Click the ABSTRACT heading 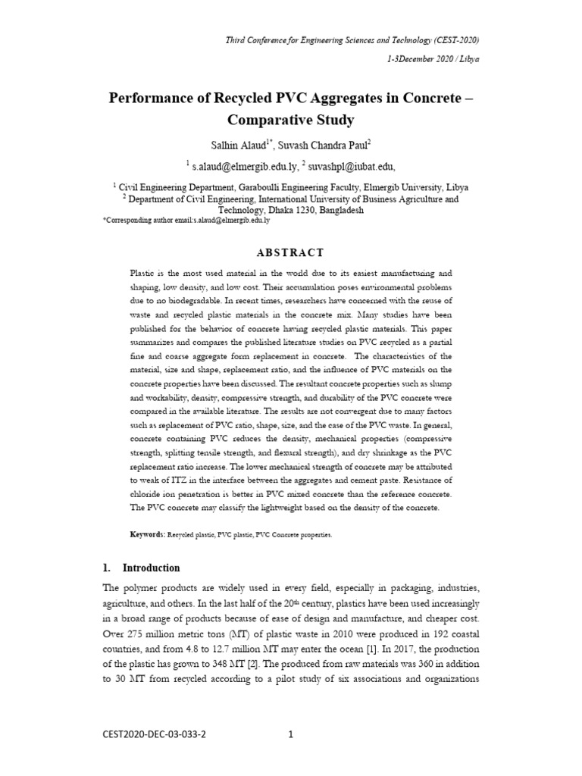(x=291, y=252)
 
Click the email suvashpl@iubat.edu (x=352, y=166)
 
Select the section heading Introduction (x=152, y=568)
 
